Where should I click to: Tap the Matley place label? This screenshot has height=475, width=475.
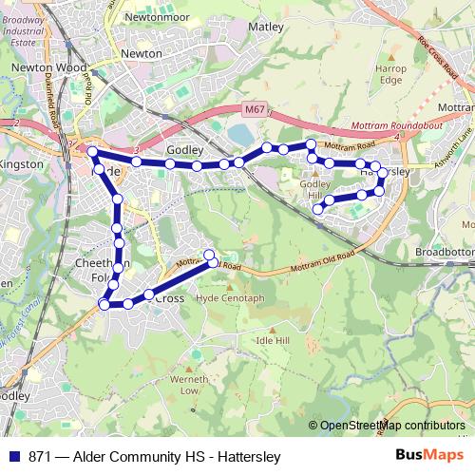click(265, 28)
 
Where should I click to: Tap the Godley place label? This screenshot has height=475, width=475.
click(185, 150)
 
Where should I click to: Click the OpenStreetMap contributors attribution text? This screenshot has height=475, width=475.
click(392, 426)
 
